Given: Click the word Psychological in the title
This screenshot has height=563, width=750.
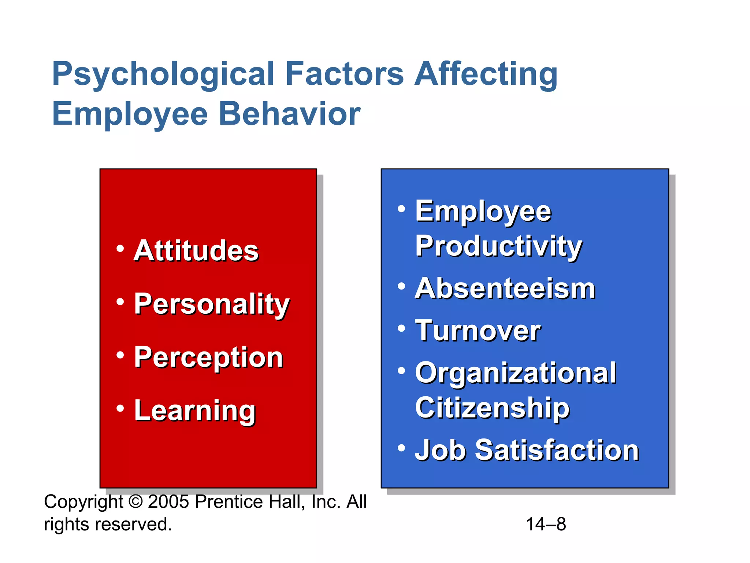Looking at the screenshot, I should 163,74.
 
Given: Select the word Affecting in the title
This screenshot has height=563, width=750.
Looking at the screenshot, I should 486,74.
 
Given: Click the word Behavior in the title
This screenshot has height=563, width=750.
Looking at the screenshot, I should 289,114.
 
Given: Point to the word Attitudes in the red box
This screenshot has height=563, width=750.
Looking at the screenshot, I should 196,251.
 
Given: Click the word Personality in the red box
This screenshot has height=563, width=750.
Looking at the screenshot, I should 212,304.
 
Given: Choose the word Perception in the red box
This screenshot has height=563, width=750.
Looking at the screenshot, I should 208,357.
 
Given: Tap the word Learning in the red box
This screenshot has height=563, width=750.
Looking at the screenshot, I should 194,411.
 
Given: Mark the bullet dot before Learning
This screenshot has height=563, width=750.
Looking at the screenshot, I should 120,408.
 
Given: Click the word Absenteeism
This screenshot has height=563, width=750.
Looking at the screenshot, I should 505,288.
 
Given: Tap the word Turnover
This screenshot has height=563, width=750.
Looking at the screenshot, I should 478,330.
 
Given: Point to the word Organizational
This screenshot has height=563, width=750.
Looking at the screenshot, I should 516,373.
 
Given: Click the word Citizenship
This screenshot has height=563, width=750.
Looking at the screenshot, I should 492,408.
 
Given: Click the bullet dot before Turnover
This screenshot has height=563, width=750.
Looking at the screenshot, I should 402,328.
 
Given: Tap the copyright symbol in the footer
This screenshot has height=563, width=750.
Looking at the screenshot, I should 135,502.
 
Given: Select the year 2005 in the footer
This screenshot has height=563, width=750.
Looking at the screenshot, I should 168,502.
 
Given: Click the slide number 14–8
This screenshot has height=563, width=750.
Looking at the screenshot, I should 546,524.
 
